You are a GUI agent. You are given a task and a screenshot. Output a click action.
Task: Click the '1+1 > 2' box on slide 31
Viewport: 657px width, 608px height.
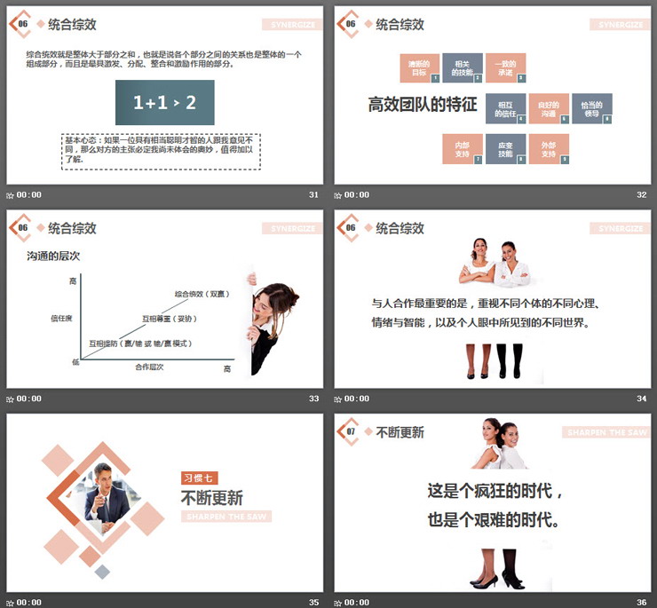click(x=164, y=103)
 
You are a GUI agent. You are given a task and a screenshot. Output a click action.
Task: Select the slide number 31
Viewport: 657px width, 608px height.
click(x=313, y=194)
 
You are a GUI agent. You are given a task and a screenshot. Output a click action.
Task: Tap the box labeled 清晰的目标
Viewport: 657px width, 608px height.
click(x=419, y=67)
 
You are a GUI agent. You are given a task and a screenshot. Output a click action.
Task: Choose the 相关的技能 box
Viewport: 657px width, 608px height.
click(x=462, y=67)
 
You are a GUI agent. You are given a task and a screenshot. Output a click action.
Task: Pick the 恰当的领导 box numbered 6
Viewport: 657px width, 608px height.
click(x=591, y=108)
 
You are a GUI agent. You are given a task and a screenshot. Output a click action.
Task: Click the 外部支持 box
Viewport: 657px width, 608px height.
click(x=548, y=148)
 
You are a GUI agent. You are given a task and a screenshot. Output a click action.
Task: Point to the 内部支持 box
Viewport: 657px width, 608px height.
click(x=462, y=148)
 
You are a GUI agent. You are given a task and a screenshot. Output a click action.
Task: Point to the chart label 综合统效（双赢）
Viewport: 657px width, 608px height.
click(x=200, y=294)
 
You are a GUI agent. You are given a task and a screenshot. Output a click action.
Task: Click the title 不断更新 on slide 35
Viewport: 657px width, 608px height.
click(x=211, y=497)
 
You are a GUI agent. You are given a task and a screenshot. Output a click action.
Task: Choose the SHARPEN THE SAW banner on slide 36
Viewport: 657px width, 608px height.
click(x=603, y=432)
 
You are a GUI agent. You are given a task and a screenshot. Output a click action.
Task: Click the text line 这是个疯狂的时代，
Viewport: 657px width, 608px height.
click(x=495, y=491)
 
